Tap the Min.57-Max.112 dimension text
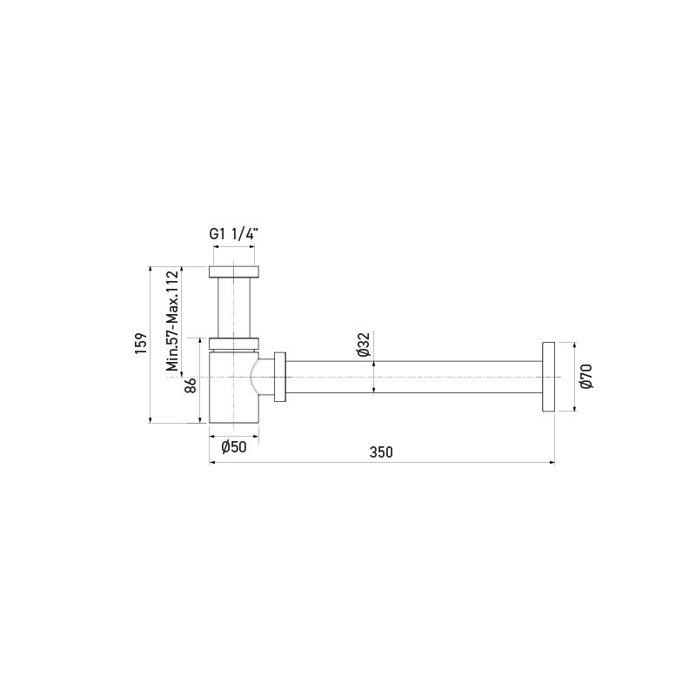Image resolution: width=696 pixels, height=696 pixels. pyautogui.click(x=172, y=320)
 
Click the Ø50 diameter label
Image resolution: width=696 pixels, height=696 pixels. pyautogui.click(x=234, y=447)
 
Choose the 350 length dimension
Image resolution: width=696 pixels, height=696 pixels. pyautogui.click(x=381, y=452)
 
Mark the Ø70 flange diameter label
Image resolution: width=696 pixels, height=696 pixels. pyautogui.click(x=586, y=376)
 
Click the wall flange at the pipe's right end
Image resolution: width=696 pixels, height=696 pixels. pyautogui.click(x=549, y=377)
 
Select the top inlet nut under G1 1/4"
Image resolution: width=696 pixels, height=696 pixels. pyautogui.click(x=235, y=270)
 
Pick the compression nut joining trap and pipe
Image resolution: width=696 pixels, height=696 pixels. pyautogui.click(x=280, y=377)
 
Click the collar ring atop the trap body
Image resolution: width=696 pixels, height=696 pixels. pyautogui.click(x=235, y=342)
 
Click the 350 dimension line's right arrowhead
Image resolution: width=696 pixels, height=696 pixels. pyautogui.click(x=553, y=462)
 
